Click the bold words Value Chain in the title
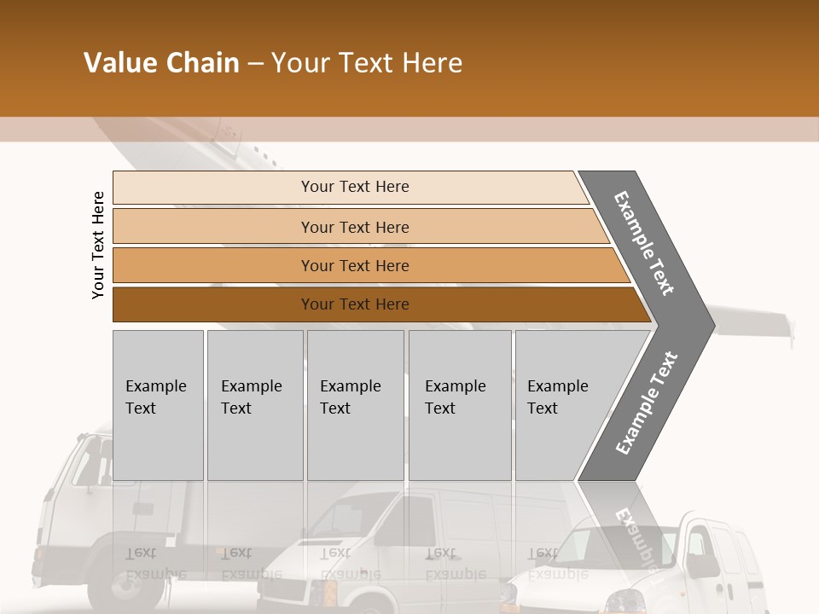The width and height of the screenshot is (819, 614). tap(161, 63)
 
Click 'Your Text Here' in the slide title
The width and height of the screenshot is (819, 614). tap(367, 63)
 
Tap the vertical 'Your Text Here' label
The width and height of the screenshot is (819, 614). tap(98, 245)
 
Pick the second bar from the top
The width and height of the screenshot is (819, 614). tap(355, 227)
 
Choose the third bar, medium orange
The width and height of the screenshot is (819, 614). tap(355, 265)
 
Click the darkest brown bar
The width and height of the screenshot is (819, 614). tap(355, 304)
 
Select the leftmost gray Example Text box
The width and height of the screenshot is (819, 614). tap(158, 405)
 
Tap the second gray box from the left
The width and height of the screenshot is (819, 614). tap(254, 405)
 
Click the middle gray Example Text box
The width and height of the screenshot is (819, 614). tap(355, 405)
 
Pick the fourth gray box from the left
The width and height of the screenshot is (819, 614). tap(459, 405)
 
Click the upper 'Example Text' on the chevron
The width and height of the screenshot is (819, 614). tap(645, 243)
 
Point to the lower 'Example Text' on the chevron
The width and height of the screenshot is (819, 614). tap(647, 403)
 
